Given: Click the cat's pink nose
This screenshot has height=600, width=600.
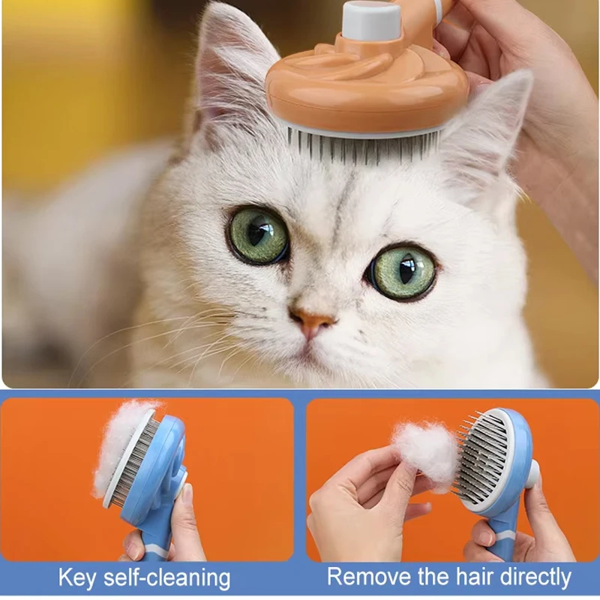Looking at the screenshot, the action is (x=312, y=322).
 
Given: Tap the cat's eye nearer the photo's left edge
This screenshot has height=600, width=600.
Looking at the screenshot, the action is (x=258, y=235).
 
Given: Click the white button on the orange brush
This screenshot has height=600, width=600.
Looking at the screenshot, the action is (x=370, y=19).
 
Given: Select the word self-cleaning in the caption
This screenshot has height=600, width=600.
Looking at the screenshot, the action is (x=166, y=577).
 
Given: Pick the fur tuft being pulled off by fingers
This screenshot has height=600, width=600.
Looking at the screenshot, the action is (x=427, y=455).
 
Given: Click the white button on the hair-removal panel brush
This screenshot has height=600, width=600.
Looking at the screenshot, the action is (x=532, y=475).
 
